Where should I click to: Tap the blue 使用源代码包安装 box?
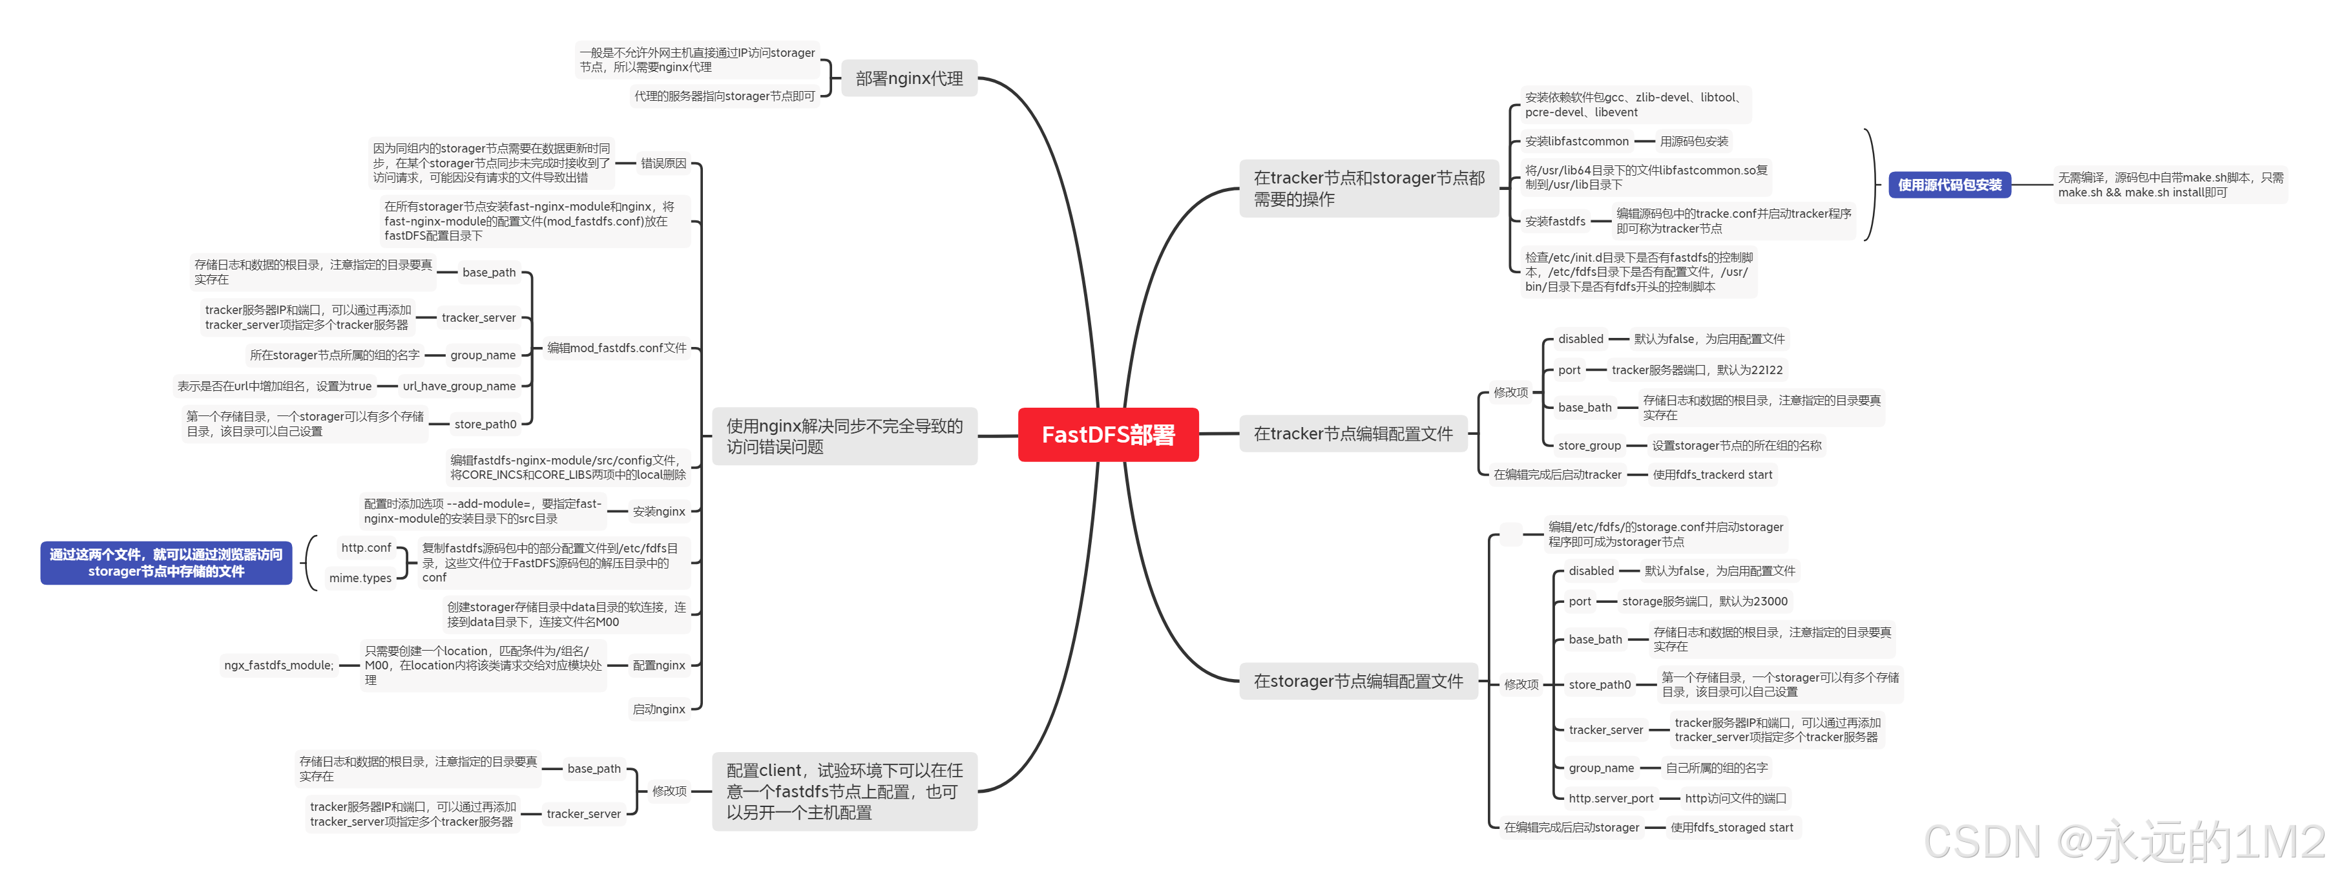1949,185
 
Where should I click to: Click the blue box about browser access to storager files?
167,563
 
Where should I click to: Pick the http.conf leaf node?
366,548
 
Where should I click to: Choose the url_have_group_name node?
459,386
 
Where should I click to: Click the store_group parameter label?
1589,446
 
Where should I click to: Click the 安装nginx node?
659,512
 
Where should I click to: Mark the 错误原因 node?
663,163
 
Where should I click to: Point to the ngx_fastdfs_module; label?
278,665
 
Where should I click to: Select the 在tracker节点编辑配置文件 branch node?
1353,434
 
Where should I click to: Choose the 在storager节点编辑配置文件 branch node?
1358,681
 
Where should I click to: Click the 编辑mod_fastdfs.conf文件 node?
616,348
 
